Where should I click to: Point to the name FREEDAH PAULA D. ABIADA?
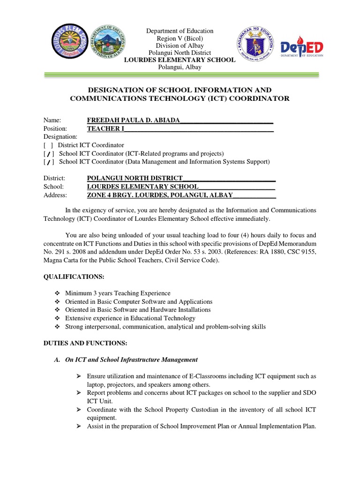coord(134,120)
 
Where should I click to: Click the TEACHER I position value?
coord(104,128)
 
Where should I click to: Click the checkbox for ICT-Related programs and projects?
coord(48,154)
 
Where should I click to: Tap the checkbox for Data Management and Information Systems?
coord(48,162)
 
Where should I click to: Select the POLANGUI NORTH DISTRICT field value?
coord(135,179)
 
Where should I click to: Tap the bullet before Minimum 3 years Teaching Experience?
coord(57,293)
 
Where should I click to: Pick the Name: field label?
coord(52,120)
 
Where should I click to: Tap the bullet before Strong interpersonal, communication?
coord(57,327)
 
